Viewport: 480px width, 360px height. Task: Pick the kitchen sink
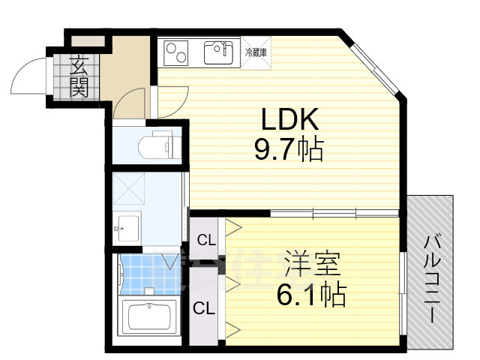click(x=218, y=52)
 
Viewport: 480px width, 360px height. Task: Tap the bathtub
click(x=149, y=316)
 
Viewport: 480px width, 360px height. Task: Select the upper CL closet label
click(x=206, y=240)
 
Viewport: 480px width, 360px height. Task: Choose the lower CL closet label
click(x=202, y=307)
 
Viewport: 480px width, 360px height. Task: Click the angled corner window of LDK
click(x=376, y=67)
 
